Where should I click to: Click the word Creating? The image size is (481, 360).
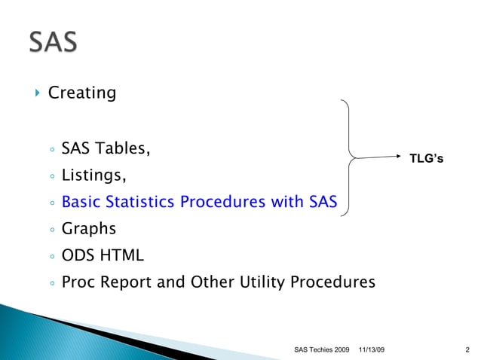click(x=81, y=94)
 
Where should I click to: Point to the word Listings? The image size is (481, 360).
click(x=93, y=175)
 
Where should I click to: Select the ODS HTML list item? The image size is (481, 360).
click(x=102, y=255)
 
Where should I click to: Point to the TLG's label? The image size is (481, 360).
click(x=426, y=159)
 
